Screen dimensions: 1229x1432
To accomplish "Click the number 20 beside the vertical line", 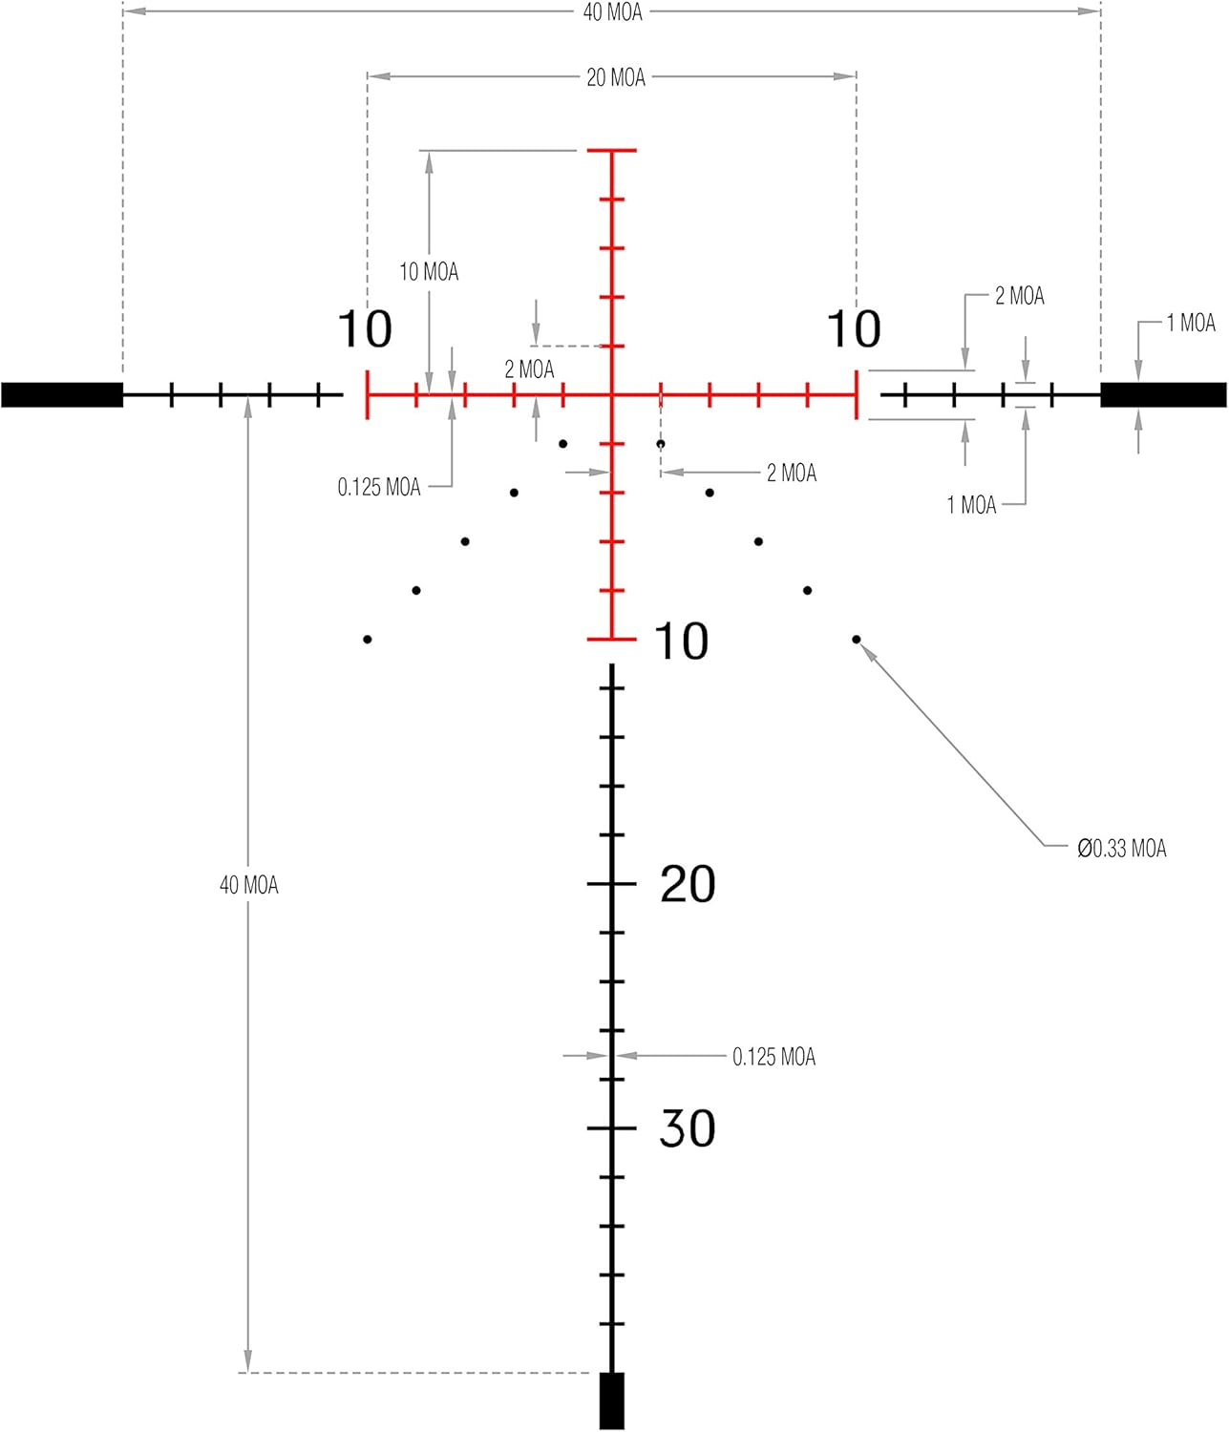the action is click(688, 885).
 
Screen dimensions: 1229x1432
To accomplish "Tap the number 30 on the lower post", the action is click(688, 1128).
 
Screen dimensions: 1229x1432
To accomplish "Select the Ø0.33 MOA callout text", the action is click(1121, 849).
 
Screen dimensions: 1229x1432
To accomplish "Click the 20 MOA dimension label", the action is click(616, 77).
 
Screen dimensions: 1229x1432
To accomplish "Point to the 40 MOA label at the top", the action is click(613, 12).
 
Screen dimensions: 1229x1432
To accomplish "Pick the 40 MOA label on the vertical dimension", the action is click(249, 885).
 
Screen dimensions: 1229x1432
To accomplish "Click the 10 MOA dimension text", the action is click(429, 271).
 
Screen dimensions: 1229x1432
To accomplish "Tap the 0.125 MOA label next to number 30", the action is click(773, 1057).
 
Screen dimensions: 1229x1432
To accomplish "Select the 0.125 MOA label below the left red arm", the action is click(379, 488).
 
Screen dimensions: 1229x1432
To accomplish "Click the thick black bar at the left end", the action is click(62, 395).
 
